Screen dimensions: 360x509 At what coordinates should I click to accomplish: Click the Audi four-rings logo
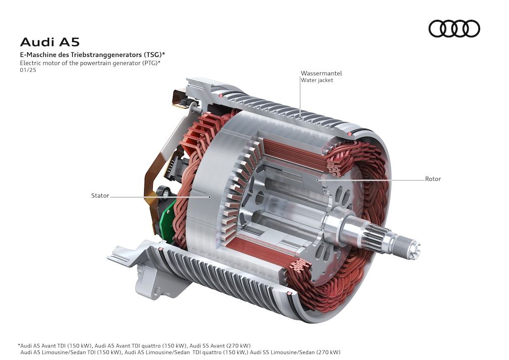tap(454, 28)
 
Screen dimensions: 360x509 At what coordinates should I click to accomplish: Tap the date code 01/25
tap(28, 70)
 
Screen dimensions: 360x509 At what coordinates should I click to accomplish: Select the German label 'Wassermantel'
tap(321, 73)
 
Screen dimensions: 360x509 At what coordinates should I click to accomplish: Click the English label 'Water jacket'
tap(316, 80)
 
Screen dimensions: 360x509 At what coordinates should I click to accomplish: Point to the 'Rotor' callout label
tap(432, 179)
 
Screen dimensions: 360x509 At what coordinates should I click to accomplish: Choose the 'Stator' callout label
tap(100, 196)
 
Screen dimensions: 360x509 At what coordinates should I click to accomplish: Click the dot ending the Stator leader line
tap(210, 197)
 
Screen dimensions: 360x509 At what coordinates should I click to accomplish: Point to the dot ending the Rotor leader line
tap(317, 179)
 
